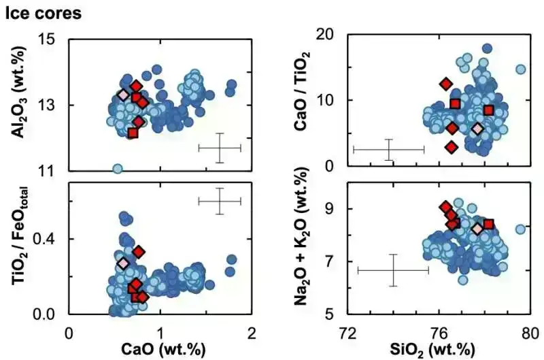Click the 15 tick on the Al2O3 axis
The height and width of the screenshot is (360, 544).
point(54,39)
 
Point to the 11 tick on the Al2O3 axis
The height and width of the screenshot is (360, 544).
point(54,170)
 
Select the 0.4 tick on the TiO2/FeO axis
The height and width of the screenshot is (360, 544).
point(52,239)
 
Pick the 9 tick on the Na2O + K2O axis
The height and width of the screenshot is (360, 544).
point(335,209)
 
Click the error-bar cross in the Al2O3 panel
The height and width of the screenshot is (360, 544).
point(220,148)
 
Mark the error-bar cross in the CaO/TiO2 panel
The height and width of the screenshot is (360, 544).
point(389,149)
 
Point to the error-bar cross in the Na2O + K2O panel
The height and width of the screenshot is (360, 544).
point(393,270)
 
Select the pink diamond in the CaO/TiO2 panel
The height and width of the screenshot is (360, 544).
point(477,129)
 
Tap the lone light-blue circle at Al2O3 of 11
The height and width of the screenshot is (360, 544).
point(117,168)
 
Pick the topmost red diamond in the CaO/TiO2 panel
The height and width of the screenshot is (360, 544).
point(446,84)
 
